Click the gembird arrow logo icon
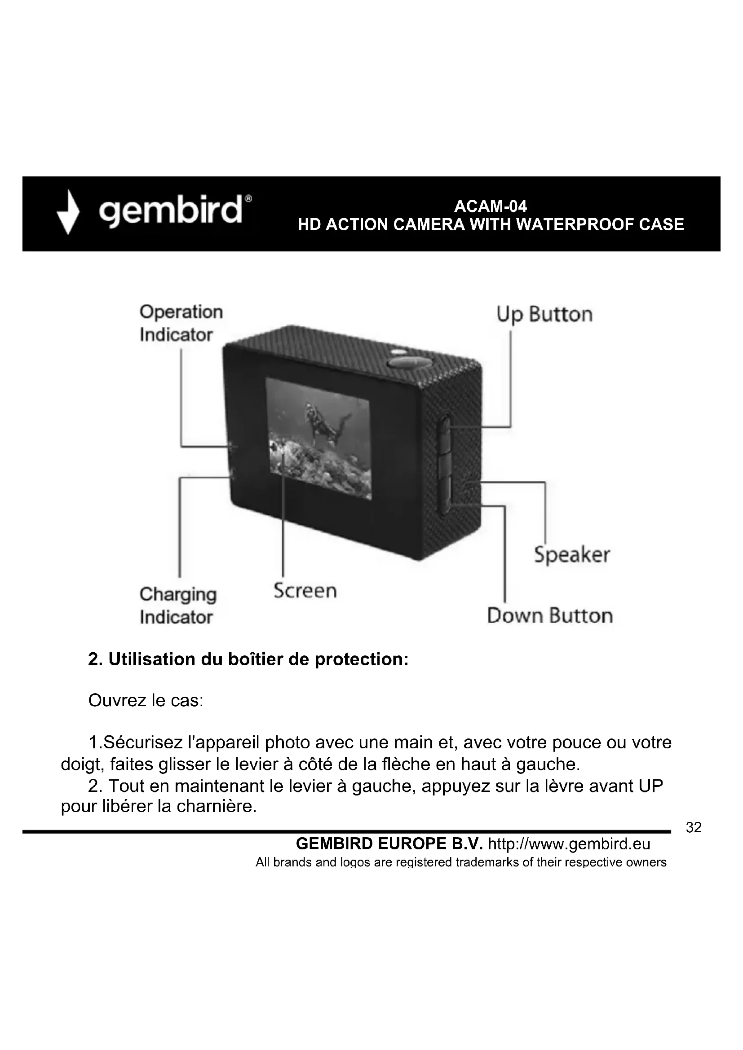pyautogui.click(x=68, y=212)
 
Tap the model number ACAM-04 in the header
pyautogui.click(x=490, y=206)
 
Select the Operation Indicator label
pyautogui.click(x=181, y=323)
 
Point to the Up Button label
pyautogui.click(x=544, y=315)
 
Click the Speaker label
pyautogui.click(x=571, y=555)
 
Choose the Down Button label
pyautogui.click(x=549, y=615)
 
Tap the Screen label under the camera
pyautogui.click(x=305, y=590)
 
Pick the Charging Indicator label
pyautogui.click(x=178, y=606)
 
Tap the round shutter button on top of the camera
pyautogui.click(x=410, y=363)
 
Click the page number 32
pyautogui.click(x=694, y=827)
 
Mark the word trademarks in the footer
pyautogui.click(x=491, y=862)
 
